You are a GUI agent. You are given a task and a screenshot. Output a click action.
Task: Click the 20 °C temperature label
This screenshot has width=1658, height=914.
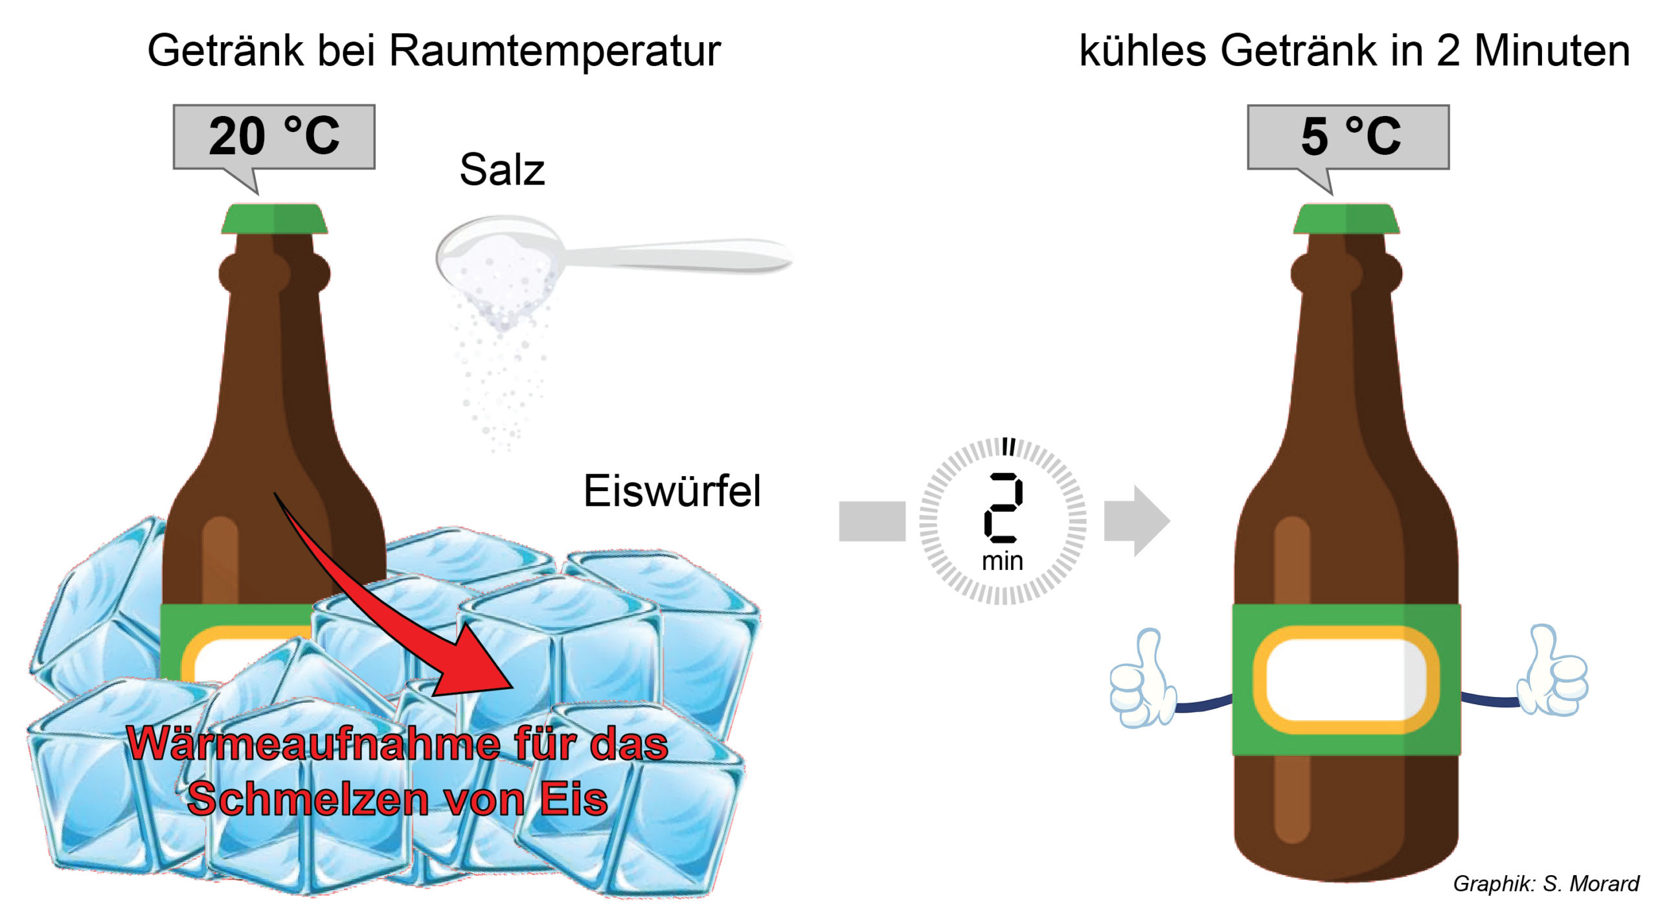pos(274,137)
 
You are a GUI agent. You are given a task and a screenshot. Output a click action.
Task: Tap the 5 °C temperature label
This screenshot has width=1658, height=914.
pos(1350,137)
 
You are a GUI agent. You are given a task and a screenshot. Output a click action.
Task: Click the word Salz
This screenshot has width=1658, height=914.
pos(502,170)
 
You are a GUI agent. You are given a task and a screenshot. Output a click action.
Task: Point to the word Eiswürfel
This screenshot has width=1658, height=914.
pos(672,491)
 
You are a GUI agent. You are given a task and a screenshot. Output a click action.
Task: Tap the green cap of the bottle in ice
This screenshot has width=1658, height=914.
pos(275,219)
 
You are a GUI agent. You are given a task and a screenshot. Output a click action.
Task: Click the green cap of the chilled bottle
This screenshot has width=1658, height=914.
pos(1346,219)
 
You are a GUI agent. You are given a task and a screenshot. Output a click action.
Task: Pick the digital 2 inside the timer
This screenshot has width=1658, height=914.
pos(1003,508)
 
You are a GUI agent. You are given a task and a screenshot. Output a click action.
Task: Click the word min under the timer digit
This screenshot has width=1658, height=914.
pos(1003,561)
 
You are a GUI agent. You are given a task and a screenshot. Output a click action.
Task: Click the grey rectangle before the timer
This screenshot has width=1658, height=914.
pos(872,521)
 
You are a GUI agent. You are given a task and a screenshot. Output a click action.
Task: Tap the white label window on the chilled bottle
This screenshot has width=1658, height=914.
pos(1346,680)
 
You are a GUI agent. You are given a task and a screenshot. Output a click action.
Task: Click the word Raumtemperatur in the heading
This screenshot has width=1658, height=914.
pos(554,51)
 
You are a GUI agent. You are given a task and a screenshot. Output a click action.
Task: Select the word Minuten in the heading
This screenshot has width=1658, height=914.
pos(1552,51)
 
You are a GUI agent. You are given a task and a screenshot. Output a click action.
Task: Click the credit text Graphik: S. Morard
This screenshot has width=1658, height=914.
pos(1545,884)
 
